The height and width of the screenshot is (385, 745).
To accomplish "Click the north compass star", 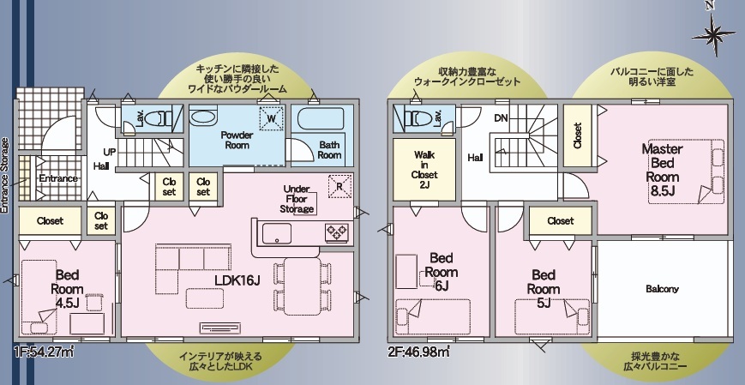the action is click(x=713, y=34).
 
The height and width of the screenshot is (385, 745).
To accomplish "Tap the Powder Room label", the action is click(x=237, y=140).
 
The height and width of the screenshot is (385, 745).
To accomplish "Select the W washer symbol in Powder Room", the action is click(x=272, y=118).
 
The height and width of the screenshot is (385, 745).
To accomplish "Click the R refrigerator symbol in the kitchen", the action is click(x=339, y=186).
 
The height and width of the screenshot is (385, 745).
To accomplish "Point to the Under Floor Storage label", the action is click(x=297, y=199).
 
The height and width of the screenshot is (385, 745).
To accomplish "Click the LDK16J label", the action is click(x=237, y=280).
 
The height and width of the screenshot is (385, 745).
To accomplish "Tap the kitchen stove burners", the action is click(x=337, y=232).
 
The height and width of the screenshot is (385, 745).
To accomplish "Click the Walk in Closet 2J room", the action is click(x=424, y=169).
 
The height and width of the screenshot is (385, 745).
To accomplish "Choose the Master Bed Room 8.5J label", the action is click(x=663, y=170).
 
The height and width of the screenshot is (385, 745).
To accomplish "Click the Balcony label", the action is click(x=663, y=289).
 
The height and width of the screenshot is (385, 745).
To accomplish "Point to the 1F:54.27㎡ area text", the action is click(x=43, y=352).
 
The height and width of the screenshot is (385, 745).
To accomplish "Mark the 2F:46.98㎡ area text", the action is click(x=418, y=352).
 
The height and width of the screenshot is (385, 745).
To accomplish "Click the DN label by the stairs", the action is click(x=501, y=118).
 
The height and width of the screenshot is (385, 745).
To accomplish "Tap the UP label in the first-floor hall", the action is click(x=110, y=152).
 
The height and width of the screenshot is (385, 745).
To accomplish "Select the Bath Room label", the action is click(x=329, y=150).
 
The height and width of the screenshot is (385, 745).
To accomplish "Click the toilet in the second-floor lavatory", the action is click(x=416, y=117).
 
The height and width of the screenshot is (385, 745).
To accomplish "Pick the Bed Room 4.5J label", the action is click(x=67, y=289).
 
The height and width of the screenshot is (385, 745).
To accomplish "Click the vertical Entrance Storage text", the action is click(x=5, y=175).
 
